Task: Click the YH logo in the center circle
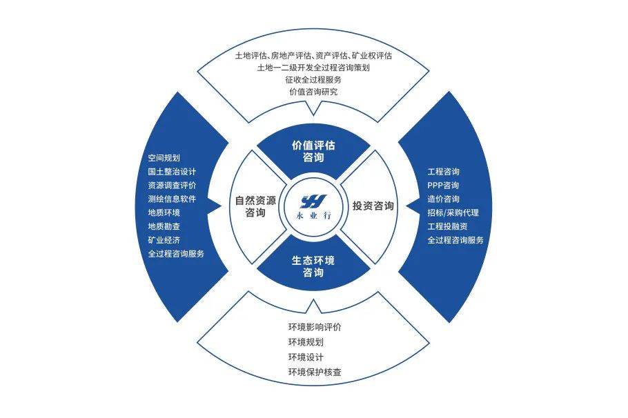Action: point(313,201)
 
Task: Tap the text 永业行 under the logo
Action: point(313,217)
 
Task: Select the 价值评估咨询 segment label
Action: point(313,151)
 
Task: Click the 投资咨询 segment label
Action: point(373,206)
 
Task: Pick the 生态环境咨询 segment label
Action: point(313,266)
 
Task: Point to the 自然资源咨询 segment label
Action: point(255,207)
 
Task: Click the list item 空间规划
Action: point(164,157)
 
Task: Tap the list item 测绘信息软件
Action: point(173,199)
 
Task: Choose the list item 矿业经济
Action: point(164,240)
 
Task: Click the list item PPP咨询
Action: point(443,186)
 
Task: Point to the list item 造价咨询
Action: point(443,199)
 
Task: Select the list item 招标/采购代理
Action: point(453,212)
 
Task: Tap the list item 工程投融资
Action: point(447,226)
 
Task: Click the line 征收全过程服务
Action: point(313,79)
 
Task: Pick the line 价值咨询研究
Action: point(313,92)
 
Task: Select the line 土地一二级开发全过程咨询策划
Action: point(313,68)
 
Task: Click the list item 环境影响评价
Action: point(315,327)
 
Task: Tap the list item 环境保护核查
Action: point(315,372)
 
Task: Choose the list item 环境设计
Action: point(306,357)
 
